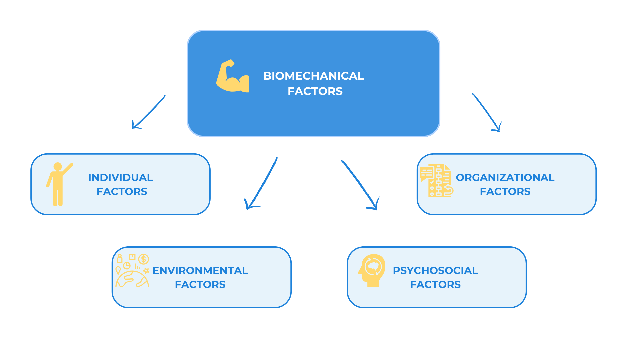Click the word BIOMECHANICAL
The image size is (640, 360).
(x=314, y=76)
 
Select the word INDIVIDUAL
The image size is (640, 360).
(x=121, y=177)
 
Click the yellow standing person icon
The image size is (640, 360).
(x=59, y=184)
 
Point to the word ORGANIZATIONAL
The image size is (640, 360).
(x=505, y=177)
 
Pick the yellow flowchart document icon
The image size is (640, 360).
(x=436, y=180)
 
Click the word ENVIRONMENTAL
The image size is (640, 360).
(x=200, y=270)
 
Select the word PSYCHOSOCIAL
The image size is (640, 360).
(x=436, y=270)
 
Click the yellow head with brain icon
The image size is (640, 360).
(x=372, y=271)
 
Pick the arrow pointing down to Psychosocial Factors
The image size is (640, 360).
(x=360, y=185)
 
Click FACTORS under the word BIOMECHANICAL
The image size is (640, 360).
(x=315, y=91)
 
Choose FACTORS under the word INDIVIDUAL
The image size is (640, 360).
(x=122, y=191)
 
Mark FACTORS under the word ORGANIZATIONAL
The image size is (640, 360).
(x=505, y=191)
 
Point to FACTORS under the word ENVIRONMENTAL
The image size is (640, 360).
(x=200, y=284)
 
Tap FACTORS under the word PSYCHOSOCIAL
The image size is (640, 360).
(x=436, y=284)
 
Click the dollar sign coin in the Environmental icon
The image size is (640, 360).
(x=144, y=259)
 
